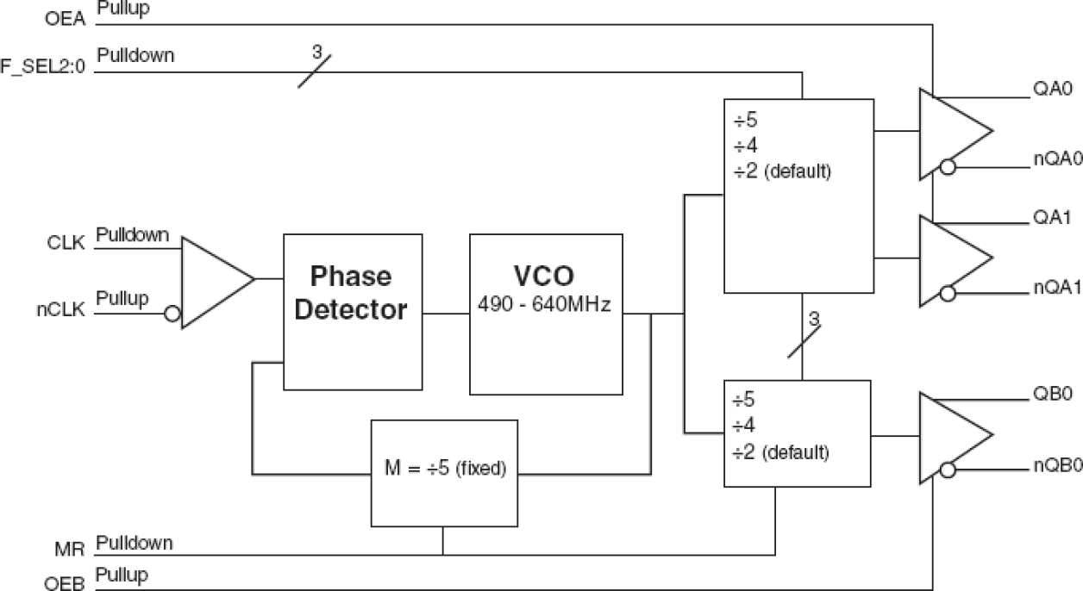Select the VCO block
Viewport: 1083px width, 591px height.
click(545, 314)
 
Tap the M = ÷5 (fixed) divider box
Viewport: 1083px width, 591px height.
click(444, 472)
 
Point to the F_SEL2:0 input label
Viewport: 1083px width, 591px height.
click(43, 66)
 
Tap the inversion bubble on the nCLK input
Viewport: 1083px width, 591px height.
click(172, 314)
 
